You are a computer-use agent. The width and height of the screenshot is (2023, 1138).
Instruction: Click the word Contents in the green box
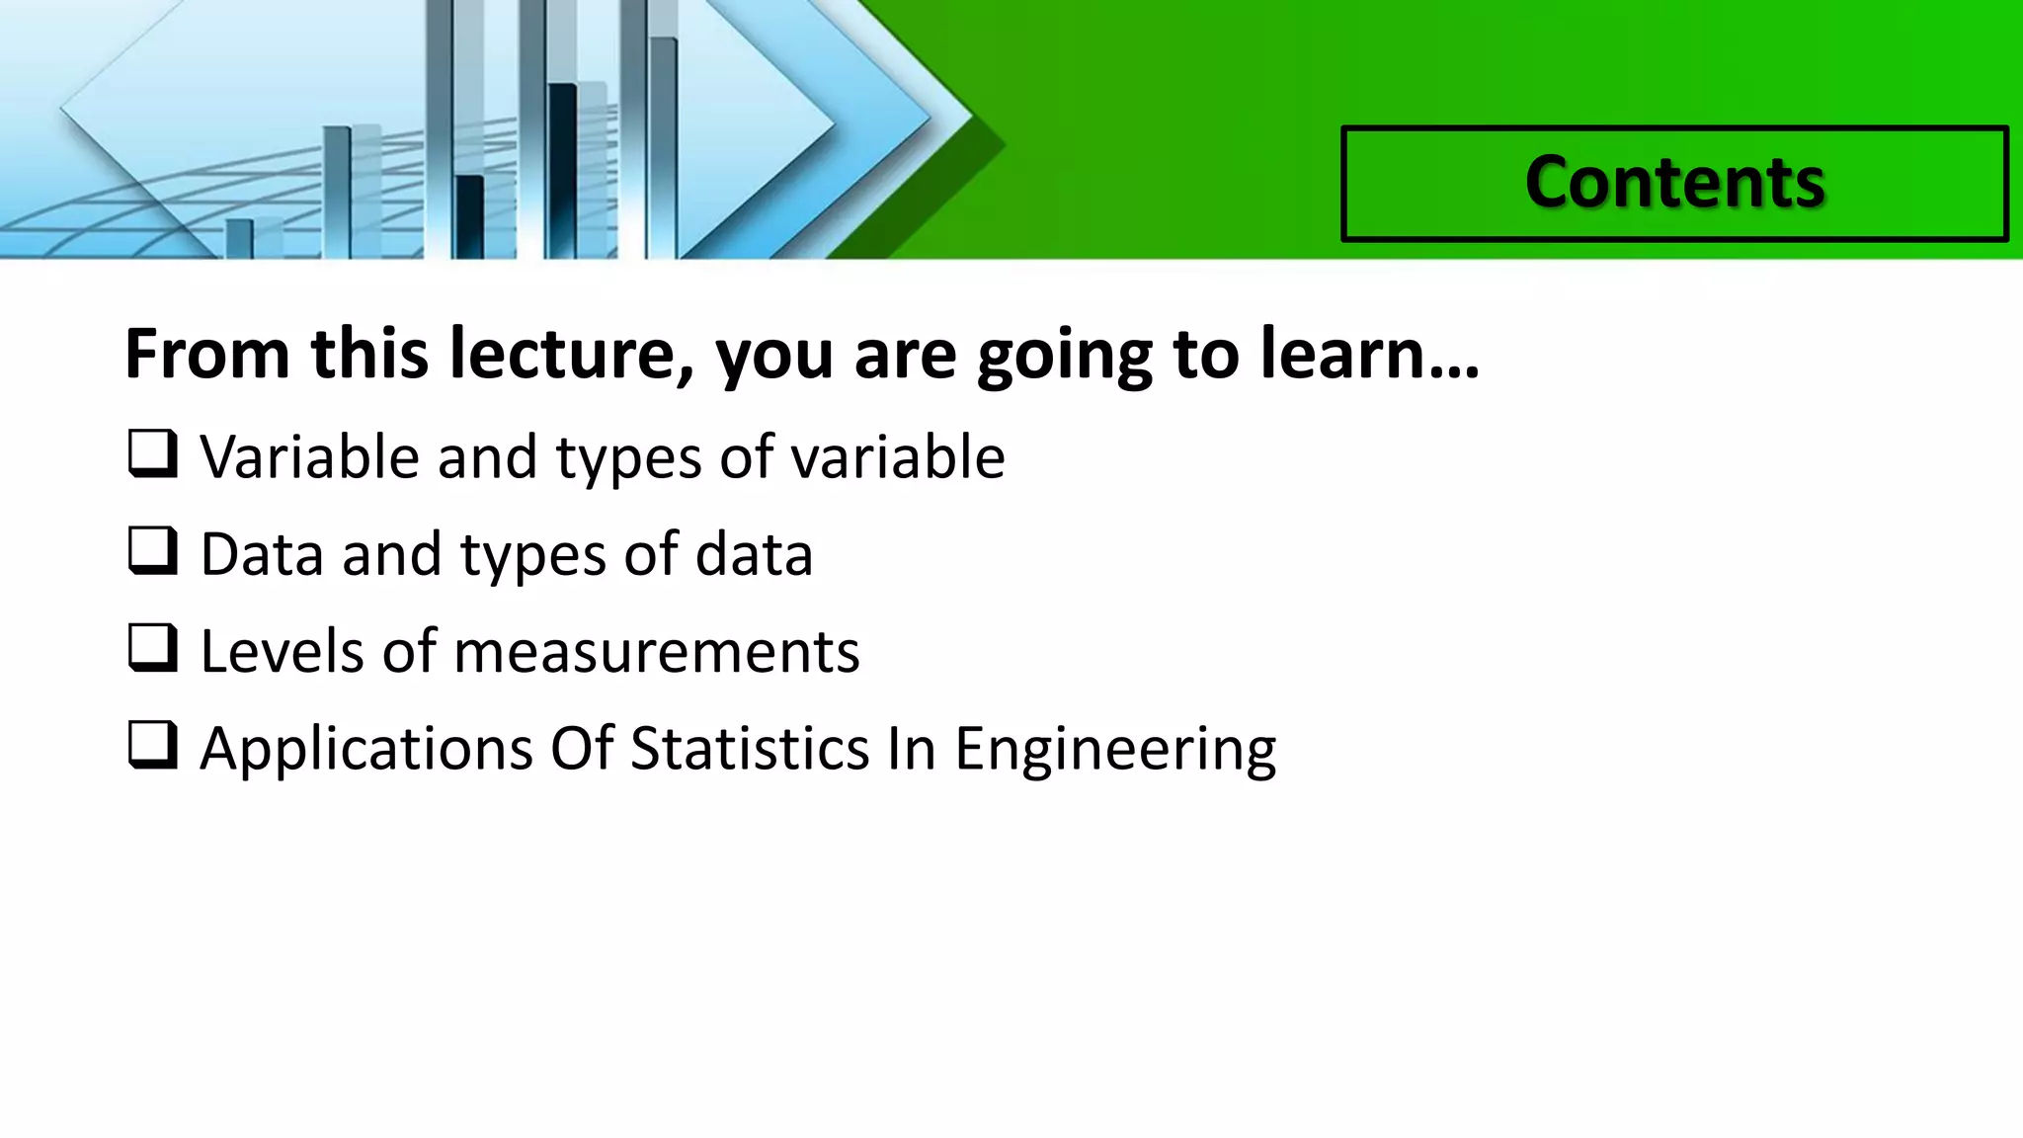coord(1674,183)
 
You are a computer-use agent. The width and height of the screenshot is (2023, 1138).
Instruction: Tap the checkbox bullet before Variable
coord(153,454)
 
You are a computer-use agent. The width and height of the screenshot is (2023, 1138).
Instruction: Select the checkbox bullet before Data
coord(153,551)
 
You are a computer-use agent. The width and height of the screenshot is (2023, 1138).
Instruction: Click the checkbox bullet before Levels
coord(153,648)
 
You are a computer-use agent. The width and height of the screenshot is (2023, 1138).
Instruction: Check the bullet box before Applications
coord(153,745)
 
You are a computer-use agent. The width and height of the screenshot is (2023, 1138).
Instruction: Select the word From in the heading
coord(207,354)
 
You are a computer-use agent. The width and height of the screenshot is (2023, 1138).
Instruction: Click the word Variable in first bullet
coord(310,457)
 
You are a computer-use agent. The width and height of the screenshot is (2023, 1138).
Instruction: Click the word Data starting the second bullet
coord(262,554)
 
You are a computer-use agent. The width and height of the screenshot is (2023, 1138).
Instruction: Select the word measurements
coord(656,652)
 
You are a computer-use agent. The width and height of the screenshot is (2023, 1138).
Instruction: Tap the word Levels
coord(282,652)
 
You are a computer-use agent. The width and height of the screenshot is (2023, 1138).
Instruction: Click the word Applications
coord(365,749)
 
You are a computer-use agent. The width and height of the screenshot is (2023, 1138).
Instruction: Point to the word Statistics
coord(750,748)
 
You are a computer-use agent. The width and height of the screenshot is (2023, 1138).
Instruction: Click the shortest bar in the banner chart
coord(239,238)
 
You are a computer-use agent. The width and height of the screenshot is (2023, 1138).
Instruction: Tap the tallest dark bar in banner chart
coord(562,168)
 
